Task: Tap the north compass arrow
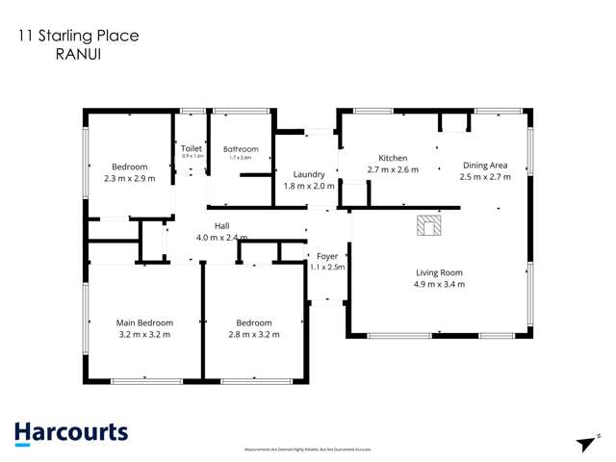584,442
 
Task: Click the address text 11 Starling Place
77,36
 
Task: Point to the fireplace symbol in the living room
427,226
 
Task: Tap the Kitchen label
393,158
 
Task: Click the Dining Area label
485,165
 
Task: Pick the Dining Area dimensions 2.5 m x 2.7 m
485,177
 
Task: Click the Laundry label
309,174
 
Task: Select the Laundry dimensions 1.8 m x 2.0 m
309,187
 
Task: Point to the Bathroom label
241,149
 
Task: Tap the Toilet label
191,149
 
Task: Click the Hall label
221,225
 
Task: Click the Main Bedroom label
144,322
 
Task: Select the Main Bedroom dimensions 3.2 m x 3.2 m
144,335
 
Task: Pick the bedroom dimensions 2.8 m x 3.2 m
254,335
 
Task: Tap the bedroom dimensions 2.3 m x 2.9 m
128,178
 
